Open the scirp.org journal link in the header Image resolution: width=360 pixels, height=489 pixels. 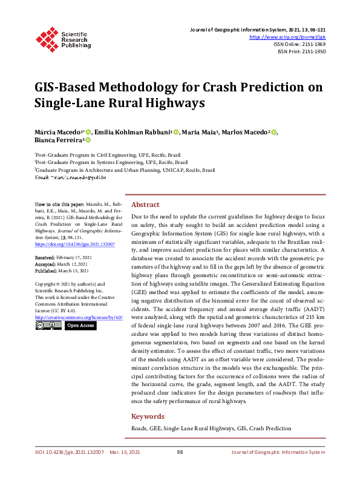click(x=288, y=37)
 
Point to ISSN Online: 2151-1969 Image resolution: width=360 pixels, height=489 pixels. click(x=300, y=44)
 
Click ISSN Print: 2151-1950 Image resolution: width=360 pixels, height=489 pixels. click(x=302, y=52)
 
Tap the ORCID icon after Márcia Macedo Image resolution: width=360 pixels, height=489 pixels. click(x=88, y=132)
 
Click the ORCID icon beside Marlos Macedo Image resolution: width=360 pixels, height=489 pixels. click(x=274, y=132)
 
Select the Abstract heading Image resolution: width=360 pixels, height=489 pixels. click(x=146, y=205)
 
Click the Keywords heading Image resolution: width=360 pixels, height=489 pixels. click(x=148, y=416)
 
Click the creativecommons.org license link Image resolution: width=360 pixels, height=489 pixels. click(x=79, y=317)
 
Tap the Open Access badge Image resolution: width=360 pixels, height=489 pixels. click(x=80, y=326)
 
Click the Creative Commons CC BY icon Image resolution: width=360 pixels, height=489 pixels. click(x=48, y=326)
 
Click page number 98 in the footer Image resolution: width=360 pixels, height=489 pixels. click(x=180, y=452)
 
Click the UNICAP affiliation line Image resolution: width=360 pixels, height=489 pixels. click(x=124, y=170)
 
